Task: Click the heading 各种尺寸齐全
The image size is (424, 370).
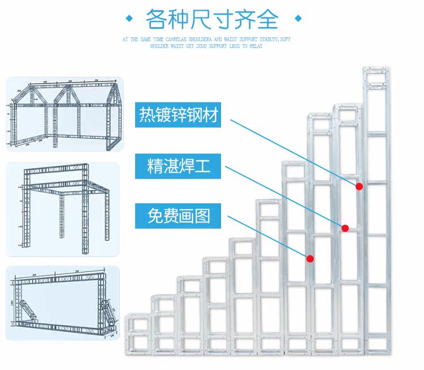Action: [x=212, y=20]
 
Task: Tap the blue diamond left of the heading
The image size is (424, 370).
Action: [x=129, y=20]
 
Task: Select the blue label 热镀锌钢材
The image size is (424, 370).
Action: [x=178, y=115]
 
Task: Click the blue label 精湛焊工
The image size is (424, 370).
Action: [x=178, y=166]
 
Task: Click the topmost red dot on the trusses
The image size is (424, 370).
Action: [x=359, y=186]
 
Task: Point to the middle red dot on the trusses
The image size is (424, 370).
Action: [x=345, y=228]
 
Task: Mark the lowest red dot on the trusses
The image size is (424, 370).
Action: [x=310, y=259]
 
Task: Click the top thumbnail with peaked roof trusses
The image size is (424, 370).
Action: [x=64, y=114]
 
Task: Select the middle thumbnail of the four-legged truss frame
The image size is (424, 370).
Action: [x=63, y=210]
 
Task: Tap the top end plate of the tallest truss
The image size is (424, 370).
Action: [x=376, y=71]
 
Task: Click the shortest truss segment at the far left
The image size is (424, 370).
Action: [x=138, y=333]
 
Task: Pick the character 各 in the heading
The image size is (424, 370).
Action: [x=158, y=20]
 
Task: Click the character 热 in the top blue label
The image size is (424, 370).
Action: [x=148, y=115]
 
